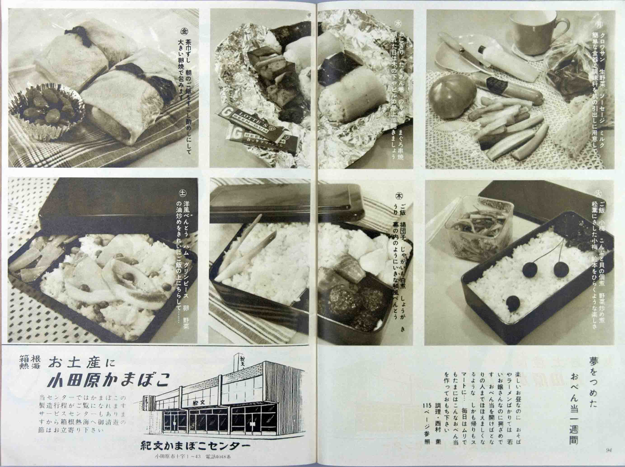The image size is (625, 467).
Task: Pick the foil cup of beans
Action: coord(47,112)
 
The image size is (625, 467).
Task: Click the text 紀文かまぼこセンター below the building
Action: coord(195,446)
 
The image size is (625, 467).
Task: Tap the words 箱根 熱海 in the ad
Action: coord(30,362)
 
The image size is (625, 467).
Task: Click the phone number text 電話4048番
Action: coord(218,457)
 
